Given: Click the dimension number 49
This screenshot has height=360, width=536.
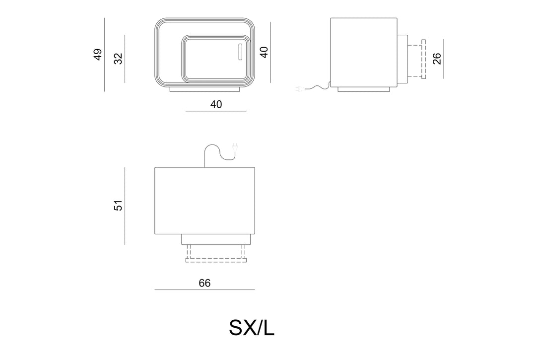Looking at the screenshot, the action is [98, 55].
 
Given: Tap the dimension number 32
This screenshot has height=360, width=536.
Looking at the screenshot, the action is [118, 59].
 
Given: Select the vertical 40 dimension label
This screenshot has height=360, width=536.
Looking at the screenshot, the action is [264, 52].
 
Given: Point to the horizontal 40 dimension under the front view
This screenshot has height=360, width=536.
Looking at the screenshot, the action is [216, 104].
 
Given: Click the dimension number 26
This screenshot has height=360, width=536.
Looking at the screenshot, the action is [437, 59].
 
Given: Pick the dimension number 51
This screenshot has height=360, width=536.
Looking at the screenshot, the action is [118, 206].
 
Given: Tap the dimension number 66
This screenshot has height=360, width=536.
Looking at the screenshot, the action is [204, 283].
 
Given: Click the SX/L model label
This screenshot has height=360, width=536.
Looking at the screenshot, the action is [252, 328].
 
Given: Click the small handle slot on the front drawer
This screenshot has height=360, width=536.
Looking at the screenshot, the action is [240, 52].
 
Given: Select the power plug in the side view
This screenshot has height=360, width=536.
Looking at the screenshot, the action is [299, 89].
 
